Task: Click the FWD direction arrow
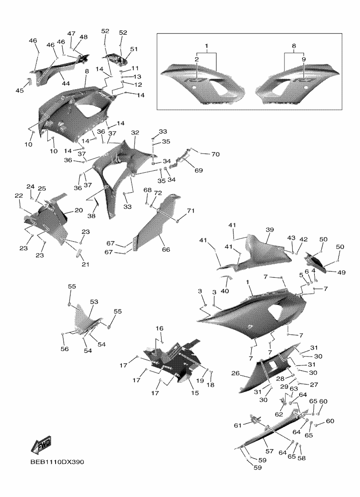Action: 41,445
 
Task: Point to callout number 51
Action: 134,49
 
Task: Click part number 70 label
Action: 215,154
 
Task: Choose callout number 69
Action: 199,170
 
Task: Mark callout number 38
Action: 92,216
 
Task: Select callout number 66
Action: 166,249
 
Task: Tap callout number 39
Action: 269,230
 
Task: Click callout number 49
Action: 342,272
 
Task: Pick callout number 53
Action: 94,302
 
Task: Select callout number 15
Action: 195,393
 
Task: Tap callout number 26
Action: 236,373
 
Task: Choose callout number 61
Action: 238,425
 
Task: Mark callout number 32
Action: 135,133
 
